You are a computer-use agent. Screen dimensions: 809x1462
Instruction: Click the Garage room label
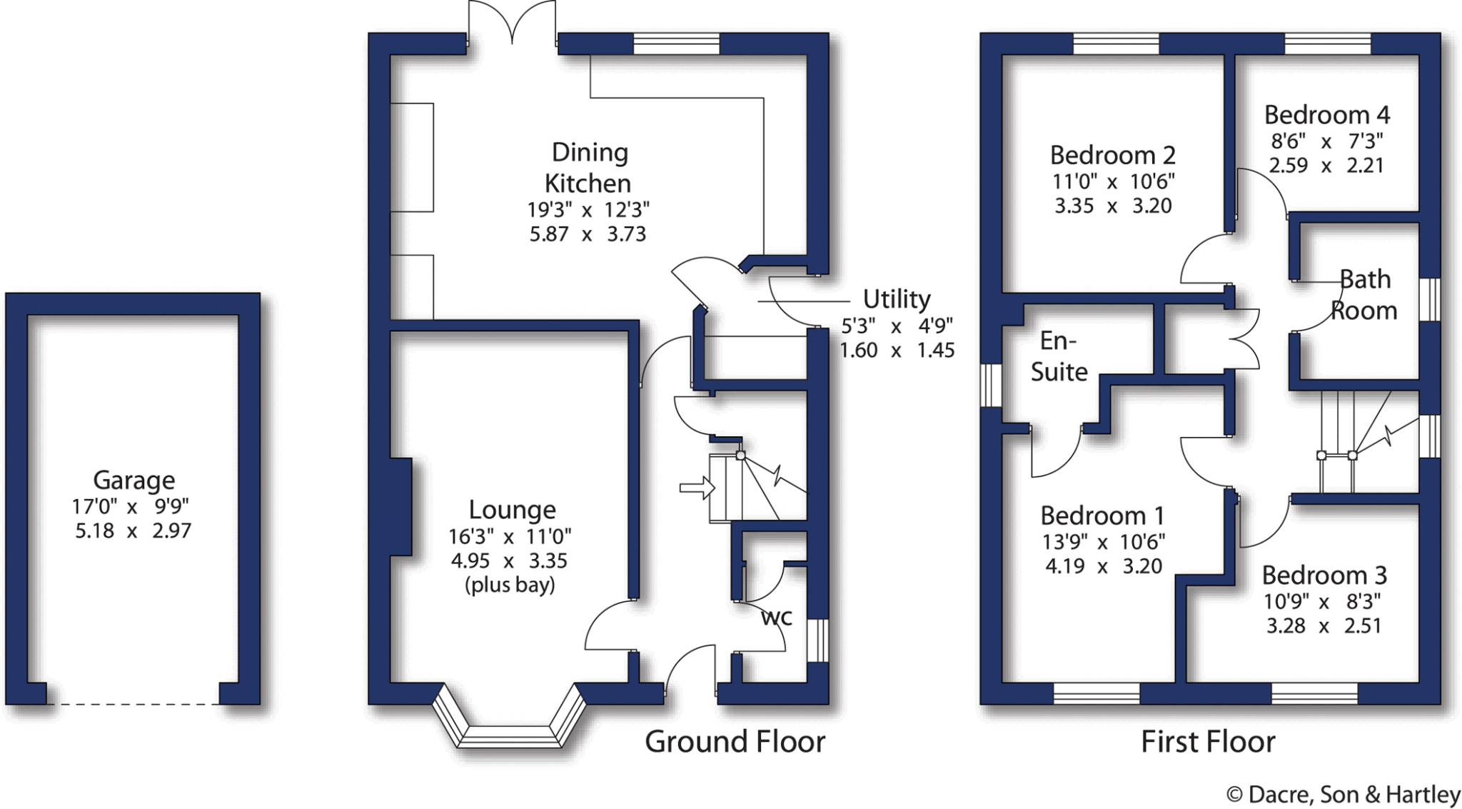point(133,481)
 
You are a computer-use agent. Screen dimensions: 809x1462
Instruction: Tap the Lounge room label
point(512,510)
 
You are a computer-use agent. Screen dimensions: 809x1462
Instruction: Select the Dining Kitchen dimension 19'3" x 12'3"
point(588,210)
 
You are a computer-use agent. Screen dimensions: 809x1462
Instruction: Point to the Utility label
point(897,298)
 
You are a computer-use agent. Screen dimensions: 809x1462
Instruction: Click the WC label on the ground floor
point(777,618)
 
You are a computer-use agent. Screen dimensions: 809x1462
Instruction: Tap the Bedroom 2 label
point(1112,155)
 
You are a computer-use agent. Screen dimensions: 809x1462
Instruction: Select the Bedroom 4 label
point(1326,115)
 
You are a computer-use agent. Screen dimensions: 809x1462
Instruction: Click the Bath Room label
point(1364,294)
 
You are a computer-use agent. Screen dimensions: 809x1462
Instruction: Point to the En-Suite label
point(1059,356)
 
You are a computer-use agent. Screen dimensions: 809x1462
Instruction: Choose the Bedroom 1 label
point(1102,516)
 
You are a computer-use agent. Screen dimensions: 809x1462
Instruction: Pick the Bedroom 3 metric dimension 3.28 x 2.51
point(1324,626)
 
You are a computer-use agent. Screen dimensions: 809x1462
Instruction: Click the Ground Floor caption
point(735,742)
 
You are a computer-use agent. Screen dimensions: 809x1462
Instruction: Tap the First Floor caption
point(1208,742)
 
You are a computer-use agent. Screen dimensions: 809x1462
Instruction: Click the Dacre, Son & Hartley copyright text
point(1343,795)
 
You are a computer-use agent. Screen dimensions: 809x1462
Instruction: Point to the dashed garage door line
point(133,705)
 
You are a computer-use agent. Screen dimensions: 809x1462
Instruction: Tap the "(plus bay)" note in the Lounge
point(510,586)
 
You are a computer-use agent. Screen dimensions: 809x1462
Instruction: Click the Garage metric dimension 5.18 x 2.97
point(133,531)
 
